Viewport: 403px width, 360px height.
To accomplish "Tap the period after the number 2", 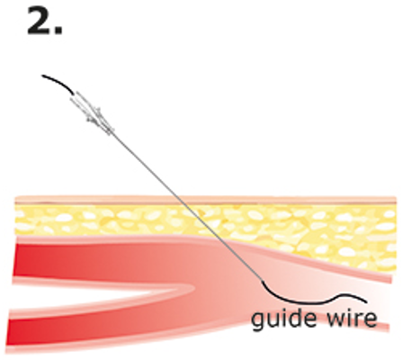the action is click(58, 31).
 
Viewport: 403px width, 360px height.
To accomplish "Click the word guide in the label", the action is click(283, 319).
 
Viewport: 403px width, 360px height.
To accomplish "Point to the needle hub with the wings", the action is click(93, 112).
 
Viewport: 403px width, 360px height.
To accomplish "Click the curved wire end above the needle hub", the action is click(57, 83).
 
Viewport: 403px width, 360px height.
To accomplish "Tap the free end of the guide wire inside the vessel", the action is click(366, 301).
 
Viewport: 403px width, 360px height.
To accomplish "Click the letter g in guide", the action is click(259, 321).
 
